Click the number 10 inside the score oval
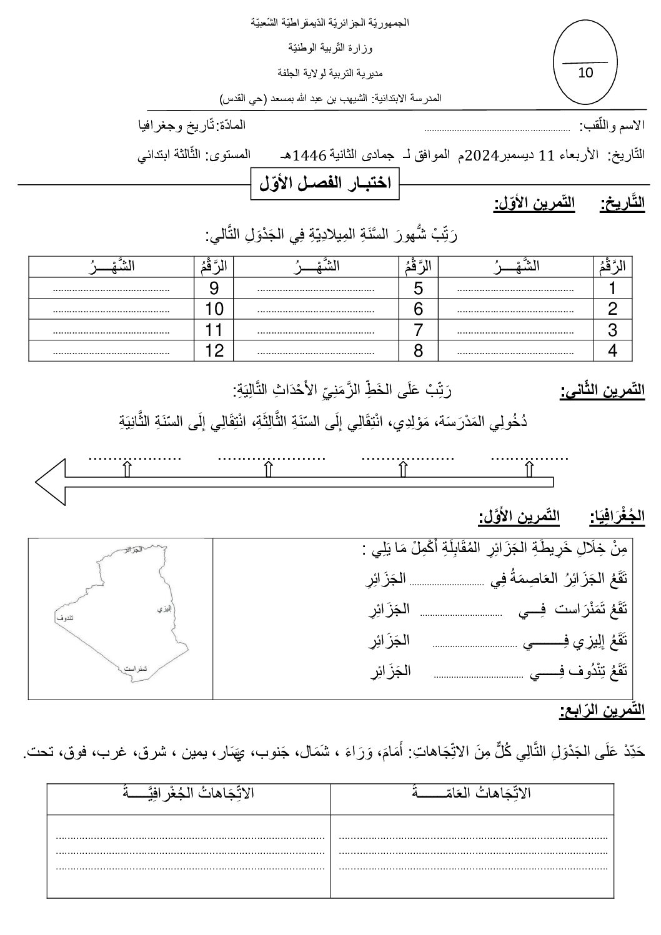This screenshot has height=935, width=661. tap(585, 72)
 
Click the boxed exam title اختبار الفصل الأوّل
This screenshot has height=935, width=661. tap(325, 183)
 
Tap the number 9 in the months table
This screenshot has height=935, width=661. tap(214, 289)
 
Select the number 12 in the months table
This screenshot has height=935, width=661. tap(214, 350)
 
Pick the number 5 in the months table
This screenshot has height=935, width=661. tap(419, 289)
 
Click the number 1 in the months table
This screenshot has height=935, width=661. tap(612, 289)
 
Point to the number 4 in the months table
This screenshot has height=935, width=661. tap(612, 350)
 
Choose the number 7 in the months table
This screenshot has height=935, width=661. tap(419, 330)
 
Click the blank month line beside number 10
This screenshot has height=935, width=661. tap(111, 310)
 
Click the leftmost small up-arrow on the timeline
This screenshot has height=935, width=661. tap(127, 469)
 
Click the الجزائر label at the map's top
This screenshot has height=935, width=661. tap(133, 550)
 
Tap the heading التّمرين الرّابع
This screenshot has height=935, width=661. tap(602, 710)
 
